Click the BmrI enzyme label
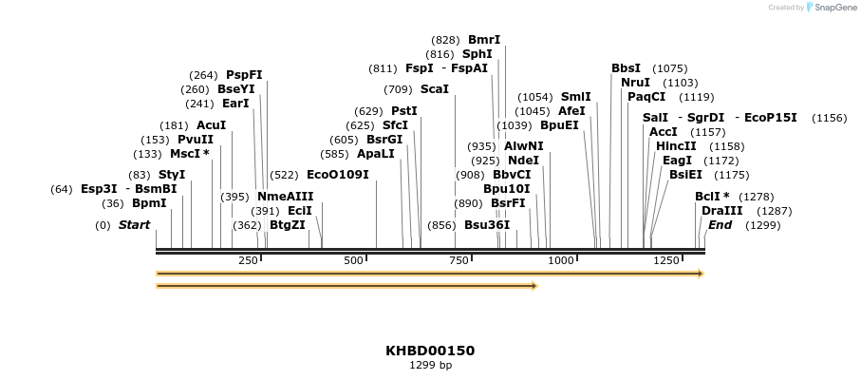[483, 40]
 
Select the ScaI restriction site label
[434, 89]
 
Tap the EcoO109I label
[337, 175]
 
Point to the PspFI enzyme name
[244, 75]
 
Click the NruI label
[635, 83]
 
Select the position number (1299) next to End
[762, 225]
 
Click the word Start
[134, 225]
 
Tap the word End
[720, 225]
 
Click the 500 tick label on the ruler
[354, 260]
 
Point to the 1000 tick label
[561, 260]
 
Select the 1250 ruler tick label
[666, 260]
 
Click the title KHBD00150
[430, 351]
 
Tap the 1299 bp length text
[430, 365]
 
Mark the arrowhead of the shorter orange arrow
[535, 285]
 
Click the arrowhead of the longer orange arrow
[701, 274]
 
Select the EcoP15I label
[770, 118]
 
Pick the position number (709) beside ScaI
[398, 89]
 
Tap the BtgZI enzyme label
[287, 225]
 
